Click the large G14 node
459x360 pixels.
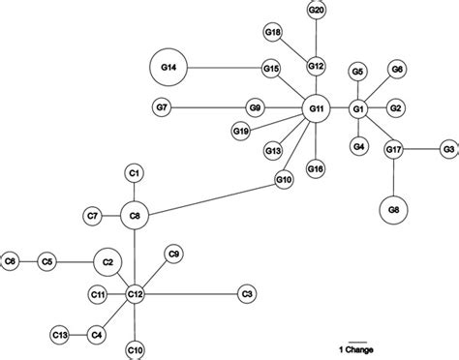point(168,68)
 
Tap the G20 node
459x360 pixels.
point(316,10)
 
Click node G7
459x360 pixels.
point(162,106)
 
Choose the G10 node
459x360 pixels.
point(284,179)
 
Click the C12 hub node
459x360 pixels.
point(136,292)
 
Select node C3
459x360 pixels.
point(247,292)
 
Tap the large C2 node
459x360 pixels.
point(108,261)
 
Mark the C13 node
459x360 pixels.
point(59,335)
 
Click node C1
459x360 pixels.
point(136,173)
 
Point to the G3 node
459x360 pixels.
point(447,149)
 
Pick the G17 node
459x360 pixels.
point(394,150)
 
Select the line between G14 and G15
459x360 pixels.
point(225,68)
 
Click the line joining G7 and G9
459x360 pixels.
point(207,106)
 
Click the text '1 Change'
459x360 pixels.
point(355,348)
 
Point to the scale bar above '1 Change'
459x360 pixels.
point(355,339)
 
